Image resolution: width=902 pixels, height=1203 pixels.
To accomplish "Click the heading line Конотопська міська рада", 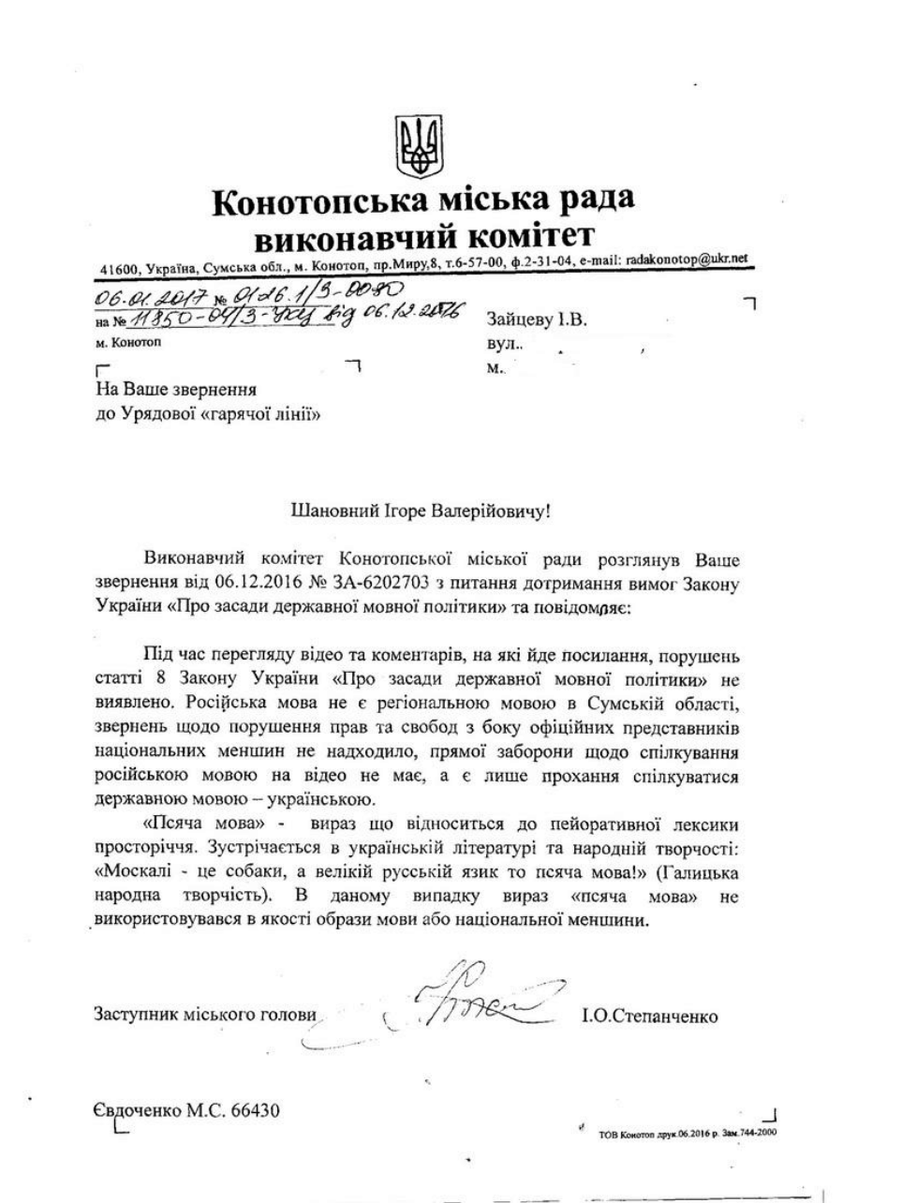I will pos(422,199).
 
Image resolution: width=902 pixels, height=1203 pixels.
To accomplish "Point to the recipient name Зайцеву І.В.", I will pos(537,319).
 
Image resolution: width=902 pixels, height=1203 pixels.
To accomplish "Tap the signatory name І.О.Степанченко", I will pos(650,1016).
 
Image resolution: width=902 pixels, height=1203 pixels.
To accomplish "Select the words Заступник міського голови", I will pos(205,1015).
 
